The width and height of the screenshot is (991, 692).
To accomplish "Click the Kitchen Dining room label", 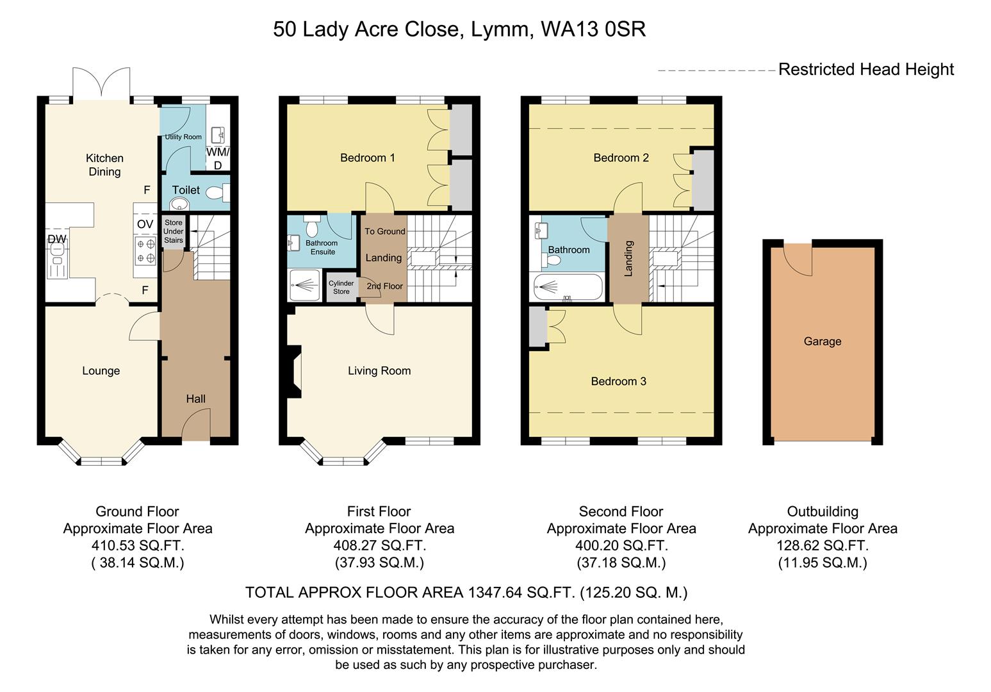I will click(104, 165).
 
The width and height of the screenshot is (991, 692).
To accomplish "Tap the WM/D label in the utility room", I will click(217, 159).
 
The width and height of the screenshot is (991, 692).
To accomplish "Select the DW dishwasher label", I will click(57, 239).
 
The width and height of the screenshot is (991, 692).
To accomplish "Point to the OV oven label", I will click(145, 224).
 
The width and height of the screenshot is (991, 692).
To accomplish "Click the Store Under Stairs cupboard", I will click(173, 232).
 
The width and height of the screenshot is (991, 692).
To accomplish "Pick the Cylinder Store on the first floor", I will click(341, 287).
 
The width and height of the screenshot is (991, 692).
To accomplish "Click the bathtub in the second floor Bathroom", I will click(566, 288).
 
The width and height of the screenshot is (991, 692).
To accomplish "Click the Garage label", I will click(823, 342).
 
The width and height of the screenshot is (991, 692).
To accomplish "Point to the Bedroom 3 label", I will click(618, 381).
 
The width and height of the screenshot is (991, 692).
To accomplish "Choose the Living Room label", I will click(379, 370).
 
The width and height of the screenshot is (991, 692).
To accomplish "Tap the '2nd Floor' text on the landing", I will click(384, 286).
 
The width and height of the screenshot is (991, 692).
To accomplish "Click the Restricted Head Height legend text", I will click(865, 69).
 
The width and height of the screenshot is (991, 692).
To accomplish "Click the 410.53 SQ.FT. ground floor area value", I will click(138, 546).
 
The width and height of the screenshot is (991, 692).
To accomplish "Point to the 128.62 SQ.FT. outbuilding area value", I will click(823, 546).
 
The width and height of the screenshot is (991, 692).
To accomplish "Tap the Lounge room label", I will click(101, 371).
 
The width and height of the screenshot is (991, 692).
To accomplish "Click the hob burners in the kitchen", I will click(145, 251).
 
